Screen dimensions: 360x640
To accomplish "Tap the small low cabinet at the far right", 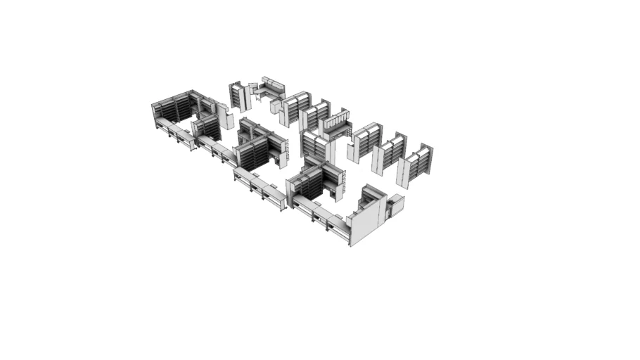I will [x=396, y=205].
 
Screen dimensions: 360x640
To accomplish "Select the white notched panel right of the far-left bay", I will [x=225, y=116].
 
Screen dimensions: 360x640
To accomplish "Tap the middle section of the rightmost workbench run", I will [x=320, y=214].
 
